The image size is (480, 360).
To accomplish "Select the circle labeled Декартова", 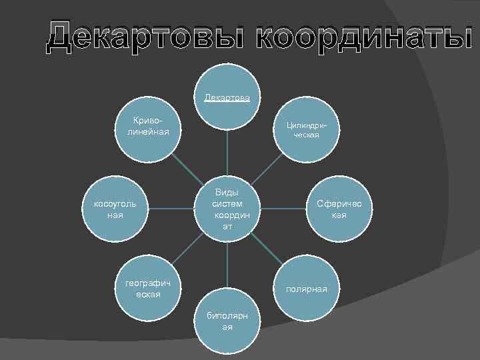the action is click(x=227, y=99).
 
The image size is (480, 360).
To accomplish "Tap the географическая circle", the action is click(x=148, y=289).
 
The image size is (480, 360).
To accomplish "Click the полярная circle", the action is click(x=306, y=289).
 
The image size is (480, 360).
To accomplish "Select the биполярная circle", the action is click(x=227, y=323).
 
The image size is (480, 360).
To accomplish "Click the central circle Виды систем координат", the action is click(x=227, y=208).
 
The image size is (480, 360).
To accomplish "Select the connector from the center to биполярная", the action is click(x=227, y=265).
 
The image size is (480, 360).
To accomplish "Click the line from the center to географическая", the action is click(x=189, y=247).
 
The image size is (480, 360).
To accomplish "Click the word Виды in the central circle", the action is click(x=227, y=192).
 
